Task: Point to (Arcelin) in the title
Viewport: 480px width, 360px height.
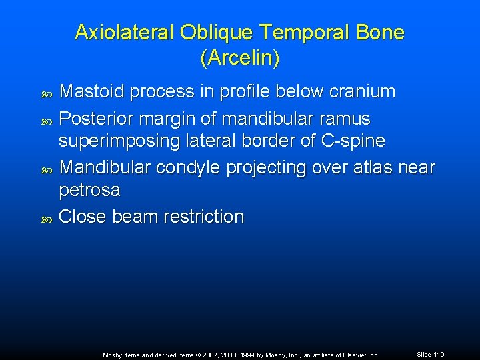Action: coord(239,58)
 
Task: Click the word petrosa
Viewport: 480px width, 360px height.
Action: coord(90,191)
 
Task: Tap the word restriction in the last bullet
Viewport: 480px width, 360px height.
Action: coord(199,217)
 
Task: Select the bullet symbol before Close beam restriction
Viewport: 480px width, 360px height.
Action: coord(47,217)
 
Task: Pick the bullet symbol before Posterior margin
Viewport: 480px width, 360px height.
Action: coord(47,119)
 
